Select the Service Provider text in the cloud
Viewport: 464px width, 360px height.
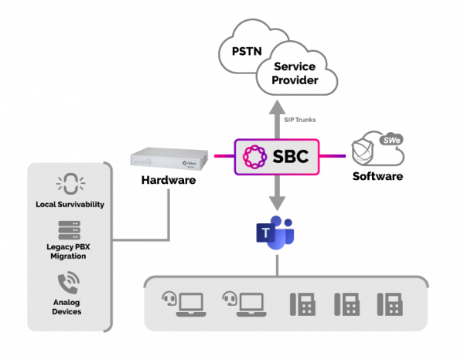(295, 73)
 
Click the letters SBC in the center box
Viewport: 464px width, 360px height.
(291, 157)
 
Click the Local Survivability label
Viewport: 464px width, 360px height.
(70, 205)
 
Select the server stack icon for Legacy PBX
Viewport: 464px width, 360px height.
(70, 229)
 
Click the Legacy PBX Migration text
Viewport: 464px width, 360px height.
(70, 251)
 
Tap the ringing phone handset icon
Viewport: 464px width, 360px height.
(70, 283)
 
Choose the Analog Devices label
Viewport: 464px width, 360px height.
(70, 306)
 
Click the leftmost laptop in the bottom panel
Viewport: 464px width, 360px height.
(186, 304)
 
